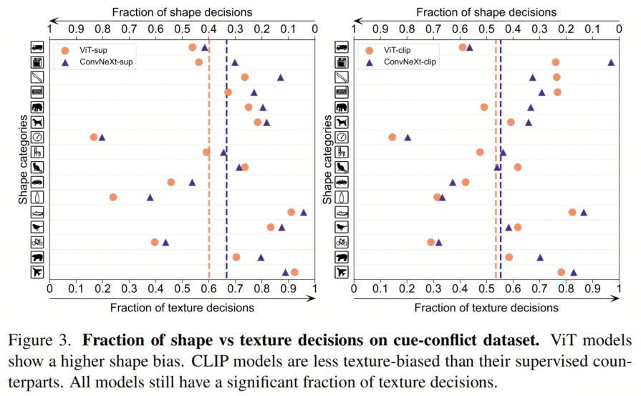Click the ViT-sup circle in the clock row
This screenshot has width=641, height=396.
pyautogui.click(x=94, y=137)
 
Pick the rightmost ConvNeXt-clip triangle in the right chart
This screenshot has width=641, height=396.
pyautogui.click(x=611, y=62)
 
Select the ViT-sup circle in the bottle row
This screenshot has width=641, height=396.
pyautogui.click(x=113, y=197)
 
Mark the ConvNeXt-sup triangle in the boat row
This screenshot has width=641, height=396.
pyautogui.click(x=303, y=212)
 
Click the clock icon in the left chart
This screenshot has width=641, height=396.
pyautogui.click(x=38, y=137)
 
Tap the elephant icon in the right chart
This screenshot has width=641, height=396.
pyautogui.click(x=342, y=107)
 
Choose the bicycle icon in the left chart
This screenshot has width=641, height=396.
pyautogui.click(x=38, y=242)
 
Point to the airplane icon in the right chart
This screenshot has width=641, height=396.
pyautogui.click(x=342, y=272)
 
